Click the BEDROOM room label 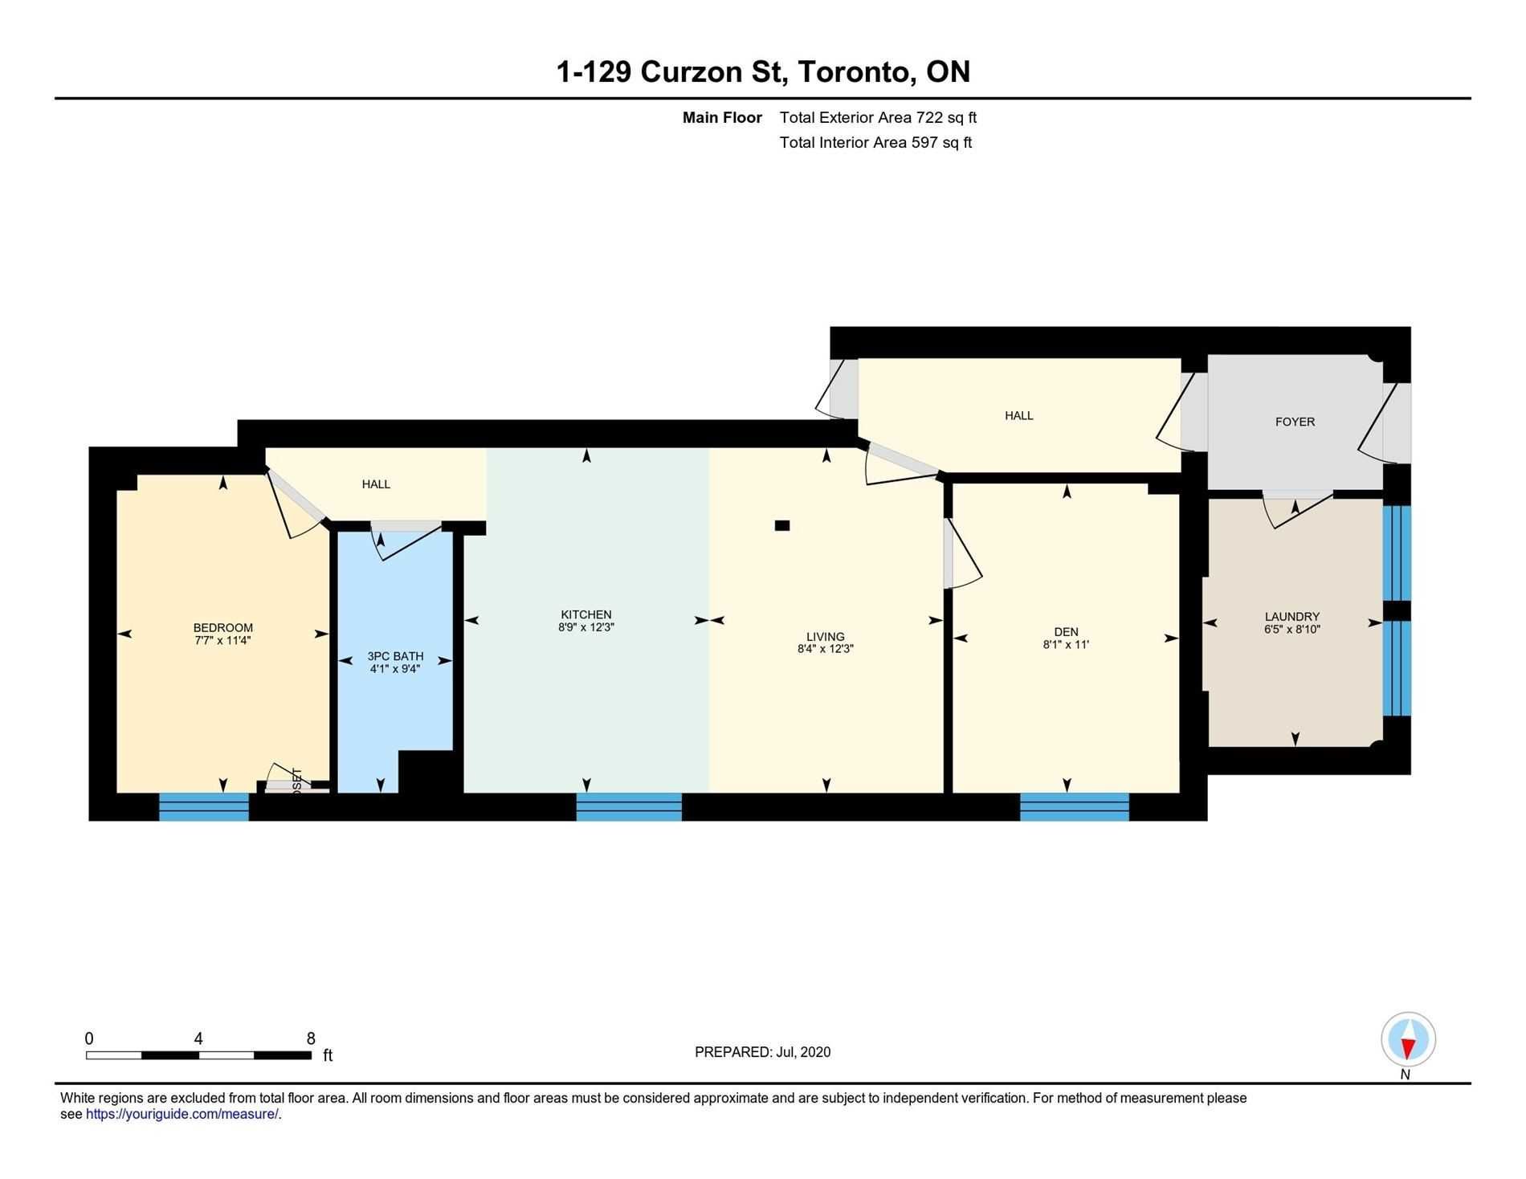click(223, 628)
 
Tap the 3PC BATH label click(395, 656)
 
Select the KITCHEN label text click(586, 615)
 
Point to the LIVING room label click(826, 637)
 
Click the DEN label click(1066, 632)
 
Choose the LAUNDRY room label click(1292, 617)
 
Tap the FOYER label click(1295, 422)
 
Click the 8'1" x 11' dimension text click(1066, 644)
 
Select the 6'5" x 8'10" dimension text click(1292, 630)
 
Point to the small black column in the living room click(782, 525)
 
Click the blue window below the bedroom click(204, 806)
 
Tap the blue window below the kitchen click(629, 806)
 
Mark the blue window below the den click(1075, 806)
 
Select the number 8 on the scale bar click(311, 1038)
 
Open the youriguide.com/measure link click(182, 1114)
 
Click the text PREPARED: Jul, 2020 click(762, 1052)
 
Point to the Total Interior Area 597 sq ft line click(875, 142)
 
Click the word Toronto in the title click(855, 72)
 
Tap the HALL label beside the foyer click(1018, 415)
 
